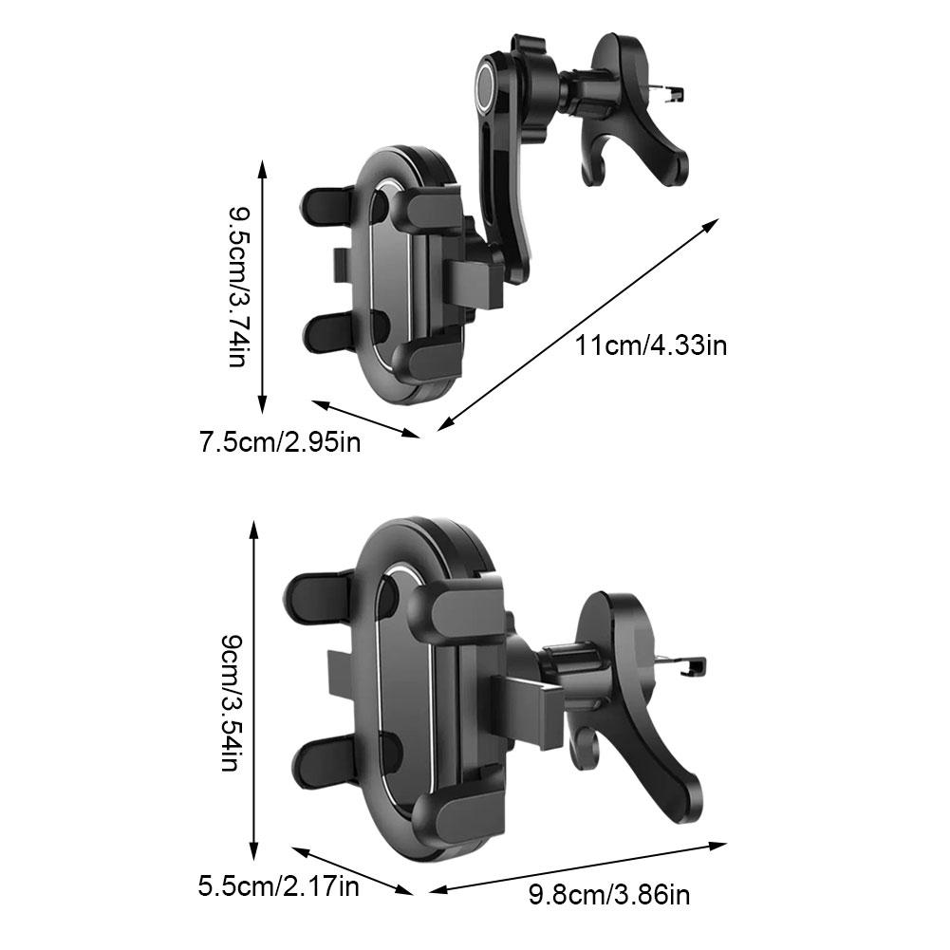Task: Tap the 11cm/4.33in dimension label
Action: [651, 346]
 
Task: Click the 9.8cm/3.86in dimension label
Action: [609, 894]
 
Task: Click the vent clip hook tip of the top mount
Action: [677, 94]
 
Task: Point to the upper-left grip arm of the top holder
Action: [327, 209]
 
